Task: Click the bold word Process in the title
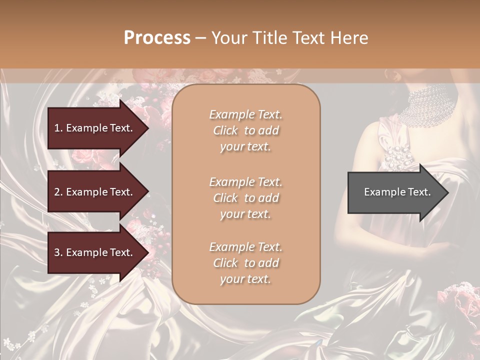coord(157,38)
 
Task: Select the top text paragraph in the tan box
coord(246,130)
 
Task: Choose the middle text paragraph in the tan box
coord(246,198)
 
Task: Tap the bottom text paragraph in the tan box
coord(246,263)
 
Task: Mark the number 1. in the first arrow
coord(58,128)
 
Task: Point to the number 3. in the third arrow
coord(58,252)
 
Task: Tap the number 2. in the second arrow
coord(58,192)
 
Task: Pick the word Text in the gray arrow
coord(419,192)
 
